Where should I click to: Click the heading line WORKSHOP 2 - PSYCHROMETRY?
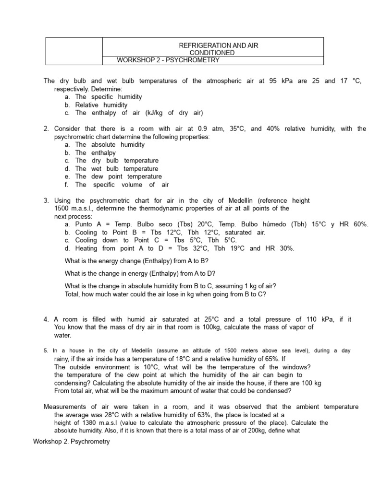click(x=168, y=60)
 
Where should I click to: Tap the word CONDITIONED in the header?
click(x=212, y=53)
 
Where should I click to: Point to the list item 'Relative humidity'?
click(x=101, y=105)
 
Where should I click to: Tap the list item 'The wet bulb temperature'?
click(x=117, y=168)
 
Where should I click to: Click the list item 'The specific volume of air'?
click(x=122, y=185)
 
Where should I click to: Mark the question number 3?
click(x=46, y=200)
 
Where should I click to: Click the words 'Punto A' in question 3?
click(x=88, y=224)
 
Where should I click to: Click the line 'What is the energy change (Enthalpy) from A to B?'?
click(x=137, y=261)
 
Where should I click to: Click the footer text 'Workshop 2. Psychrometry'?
click(x=71, y=441)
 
